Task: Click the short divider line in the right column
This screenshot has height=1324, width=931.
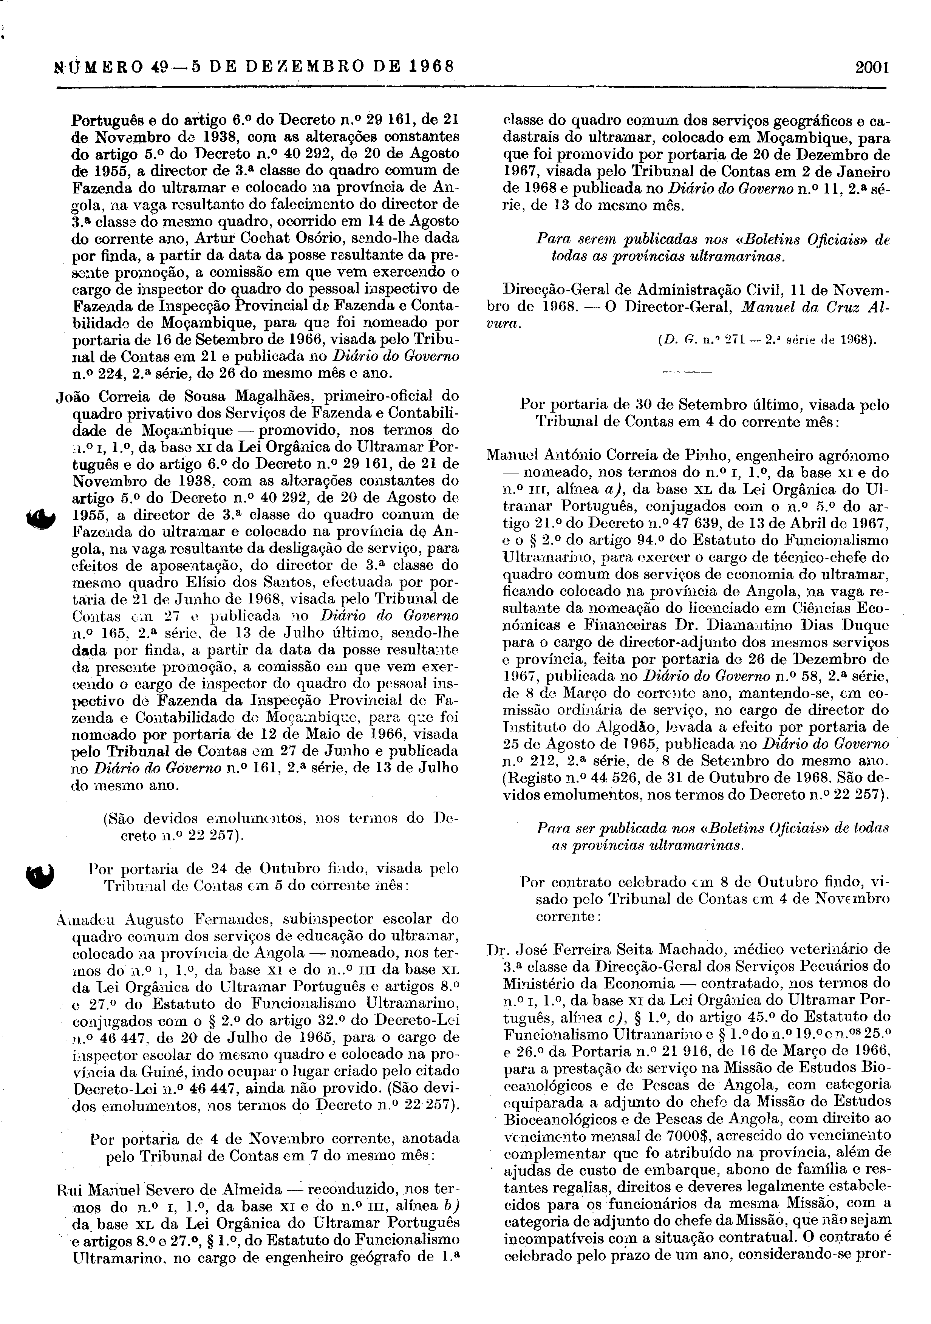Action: (x=687, y=373)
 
